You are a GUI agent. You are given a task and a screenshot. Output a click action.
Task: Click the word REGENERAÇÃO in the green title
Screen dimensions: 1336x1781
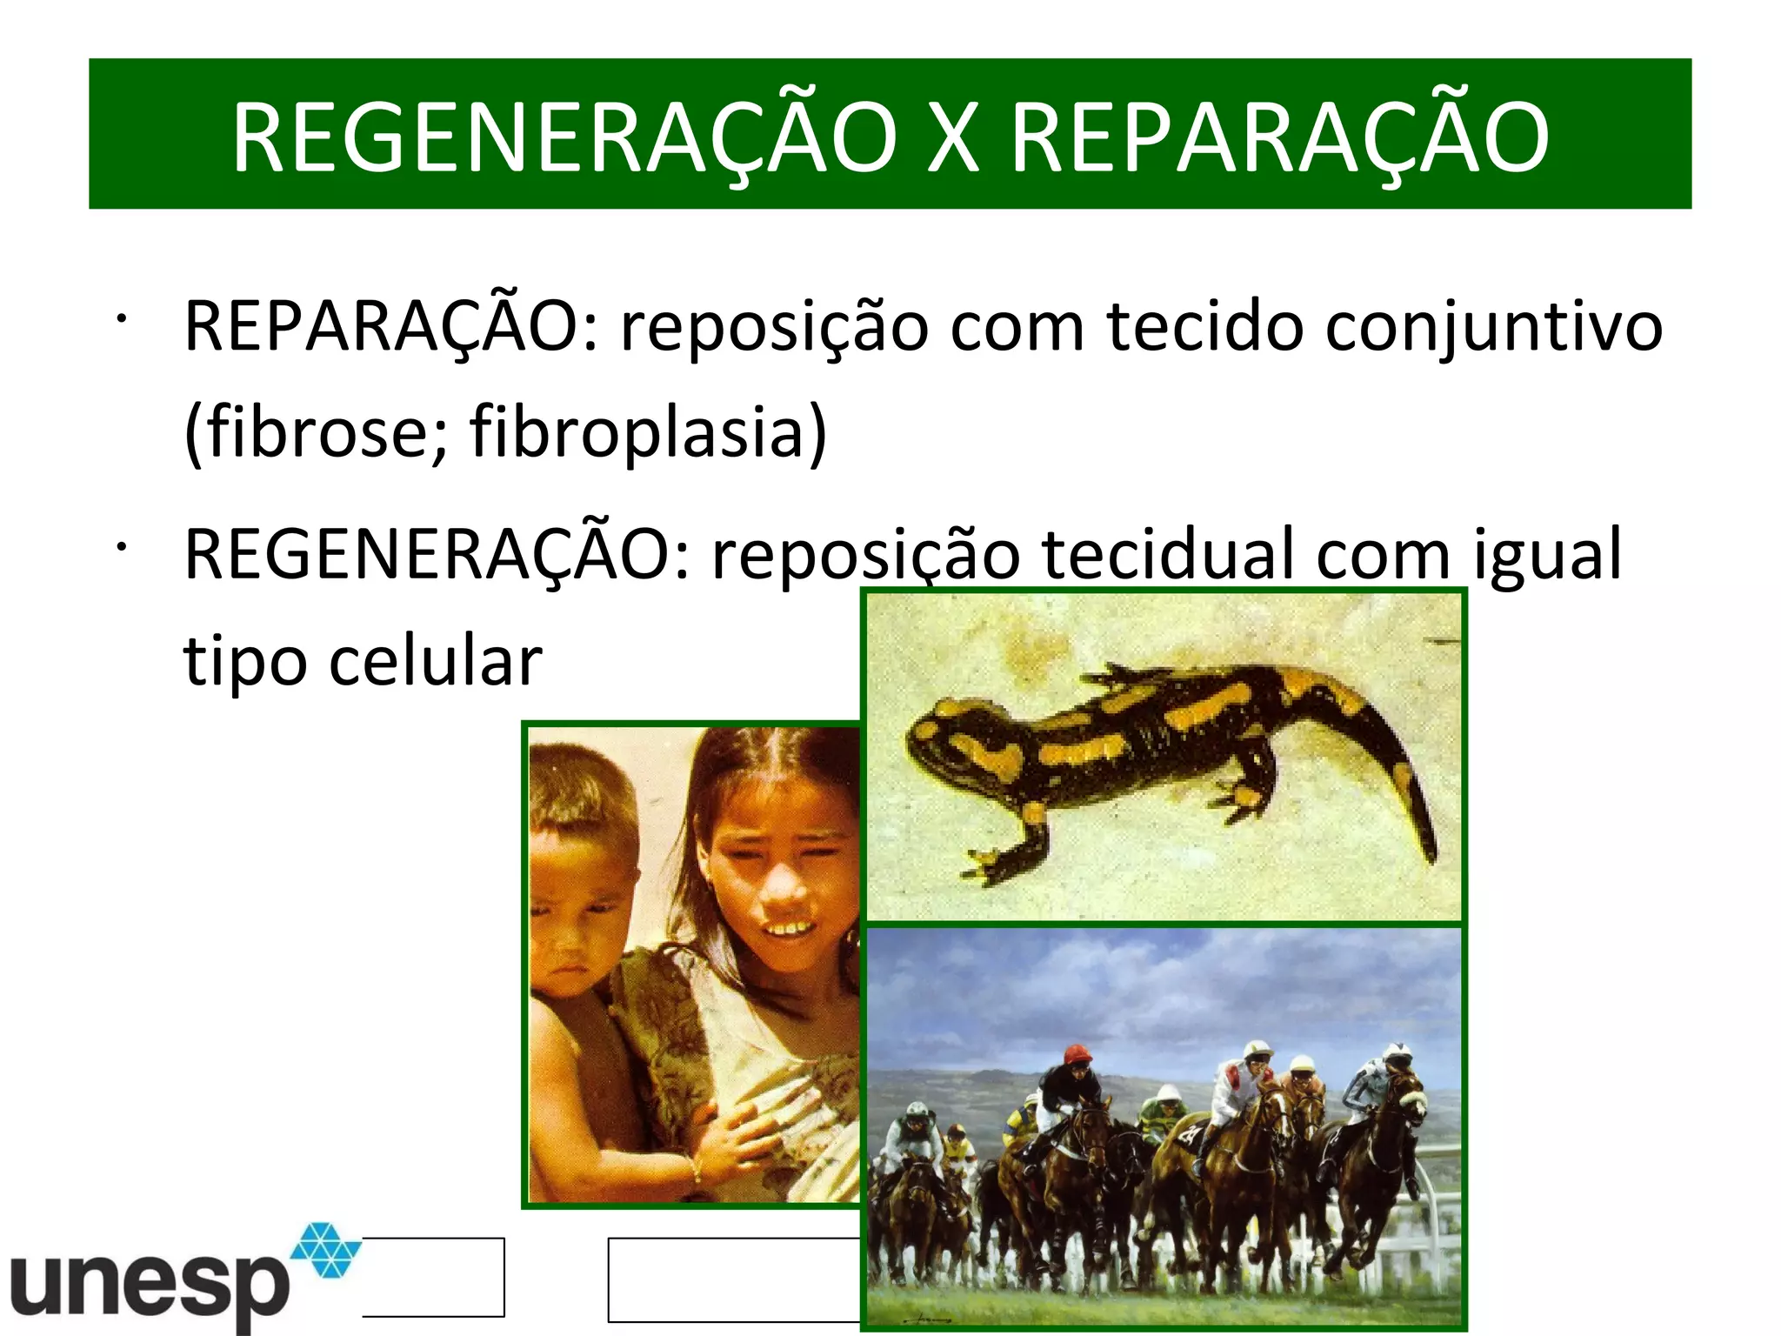click(x=564, y=137)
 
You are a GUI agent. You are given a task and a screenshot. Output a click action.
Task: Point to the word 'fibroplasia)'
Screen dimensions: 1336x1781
click(x=648, y=432)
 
